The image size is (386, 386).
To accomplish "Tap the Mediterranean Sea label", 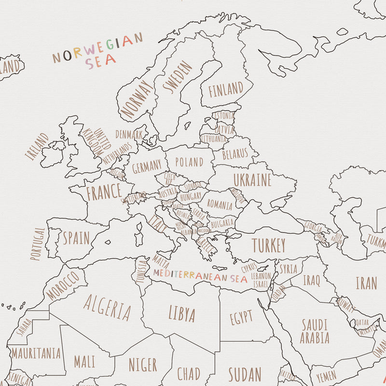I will coord(200,276).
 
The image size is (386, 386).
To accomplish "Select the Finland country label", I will coord(226,89).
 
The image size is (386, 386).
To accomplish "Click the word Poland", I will coord(189,162).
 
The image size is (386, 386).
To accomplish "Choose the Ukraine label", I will coord(252,180).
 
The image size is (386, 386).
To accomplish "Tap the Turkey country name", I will coord(269,246).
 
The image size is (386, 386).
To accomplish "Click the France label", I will coord(104,192).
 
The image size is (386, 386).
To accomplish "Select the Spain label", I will coord(76,238).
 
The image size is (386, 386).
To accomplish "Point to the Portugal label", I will coord(38,244).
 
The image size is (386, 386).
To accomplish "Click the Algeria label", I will coord(107,307).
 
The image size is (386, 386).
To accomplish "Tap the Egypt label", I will coord(241,317).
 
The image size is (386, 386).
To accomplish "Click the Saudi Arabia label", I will coord(315,331).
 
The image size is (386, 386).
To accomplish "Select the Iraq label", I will coord(311,280).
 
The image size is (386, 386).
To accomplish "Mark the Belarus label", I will coord(235,154).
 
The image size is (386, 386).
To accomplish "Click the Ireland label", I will coord(37,147).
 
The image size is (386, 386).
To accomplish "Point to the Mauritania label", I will coord(36,353).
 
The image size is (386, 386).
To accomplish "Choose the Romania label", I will coord(220,204).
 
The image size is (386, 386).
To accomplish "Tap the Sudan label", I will coord(245,374).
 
